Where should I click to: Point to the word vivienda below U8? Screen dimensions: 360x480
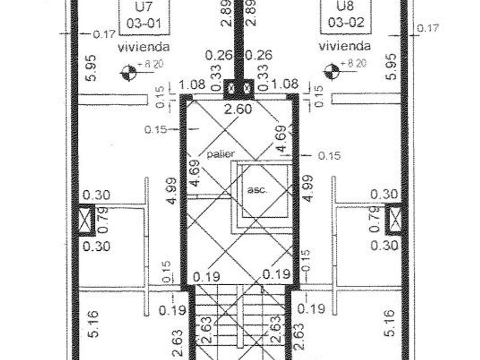click(345, 46)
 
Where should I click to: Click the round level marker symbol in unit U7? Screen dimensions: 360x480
click(129, 73)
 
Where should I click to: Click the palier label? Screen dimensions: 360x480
click(221, 154)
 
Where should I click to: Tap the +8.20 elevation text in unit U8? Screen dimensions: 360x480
click(353, 63)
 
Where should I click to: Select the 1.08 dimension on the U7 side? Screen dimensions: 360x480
click(192, 85)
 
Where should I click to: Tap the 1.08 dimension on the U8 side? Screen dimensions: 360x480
click(285, 85)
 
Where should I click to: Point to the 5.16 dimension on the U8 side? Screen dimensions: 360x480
click(391, 323)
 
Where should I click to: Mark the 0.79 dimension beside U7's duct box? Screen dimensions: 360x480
click(103, 220)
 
